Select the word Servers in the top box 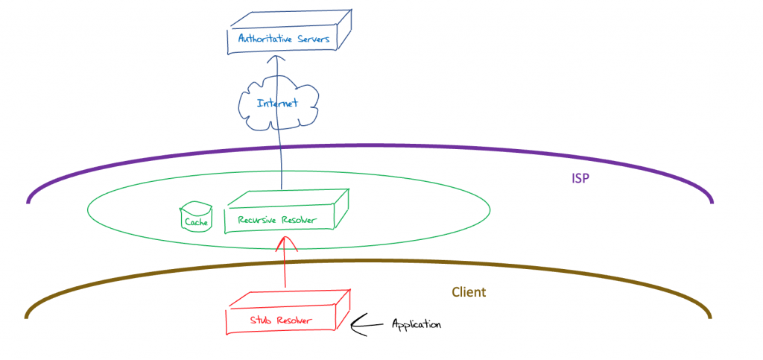coord(313,39)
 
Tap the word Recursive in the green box coord(258,221)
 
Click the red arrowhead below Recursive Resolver coord(285,243)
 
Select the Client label coord(470,292)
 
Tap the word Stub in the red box coord(262,321)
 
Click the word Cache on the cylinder coord(197,222)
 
